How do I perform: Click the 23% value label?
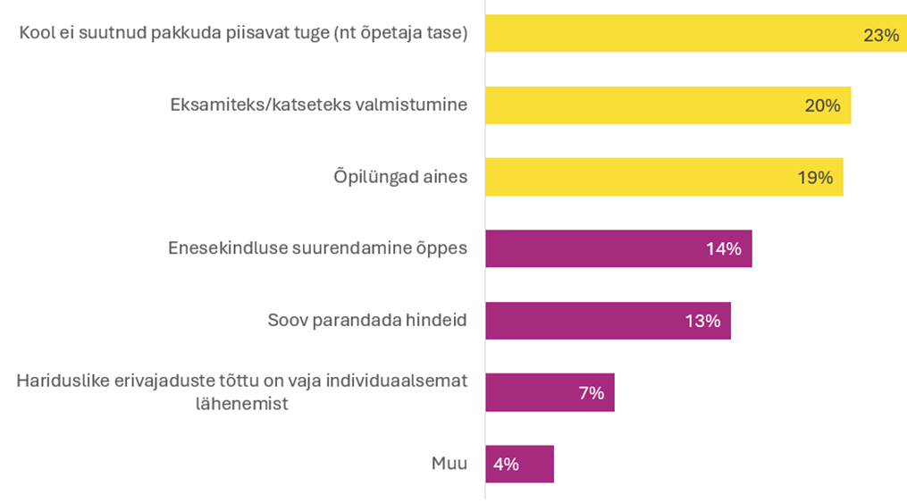click(x=880, y=35)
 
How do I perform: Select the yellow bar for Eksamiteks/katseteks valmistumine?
click(x=643, y=105)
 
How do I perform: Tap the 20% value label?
click(x=822, y=105)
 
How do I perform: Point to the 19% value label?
click(x=815, y=178)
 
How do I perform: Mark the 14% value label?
click(x=724, y=249)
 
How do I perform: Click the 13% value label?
click(x=702, y=321)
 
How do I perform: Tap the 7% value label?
click(x=592, y=392)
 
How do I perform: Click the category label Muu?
click(x=449, y=464)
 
